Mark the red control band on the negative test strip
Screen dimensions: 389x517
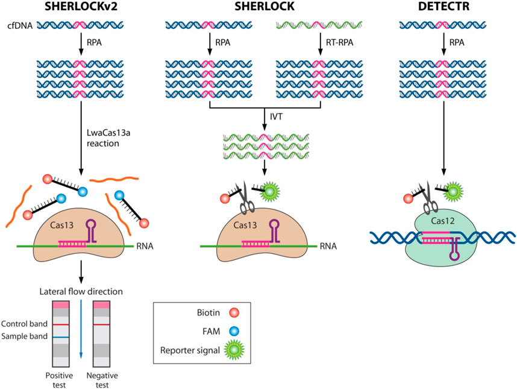pyautogui.click(x=102, y=324)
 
